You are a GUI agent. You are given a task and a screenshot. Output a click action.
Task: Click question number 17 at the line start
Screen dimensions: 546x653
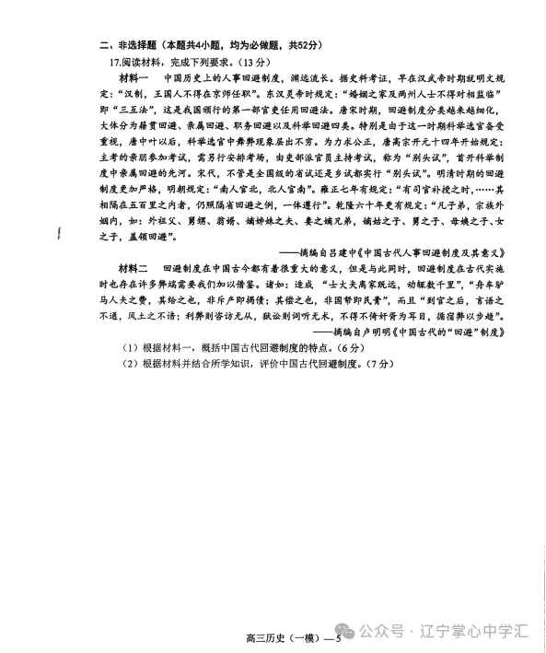[116, 63]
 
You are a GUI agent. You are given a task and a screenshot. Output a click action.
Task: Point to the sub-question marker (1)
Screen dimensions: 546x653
[130, 371]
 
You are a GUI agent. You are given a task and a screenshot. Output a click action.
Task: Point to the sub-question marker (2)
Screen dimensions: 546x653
[130, 390]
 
